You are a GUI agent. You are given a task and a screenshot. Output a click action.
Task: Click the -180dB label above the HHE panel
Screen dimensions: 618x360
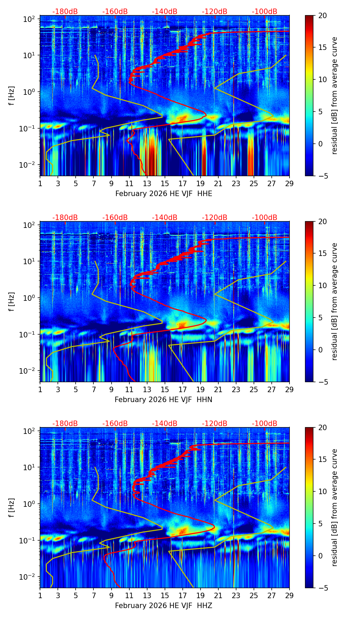65,12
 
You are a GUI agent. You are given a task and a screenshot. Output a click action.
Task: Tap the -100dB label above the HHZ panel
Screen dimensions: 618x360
265,424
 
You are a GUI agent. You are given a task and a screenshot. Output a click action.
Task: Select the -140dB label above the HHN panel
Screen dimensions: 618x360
165,218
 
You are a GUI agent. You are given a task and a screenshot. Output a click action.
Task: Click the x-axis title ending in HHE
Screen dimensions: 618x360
164,194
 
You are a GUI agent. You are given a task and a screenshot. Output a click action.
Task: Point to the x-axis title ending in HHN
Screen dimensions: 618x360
163,400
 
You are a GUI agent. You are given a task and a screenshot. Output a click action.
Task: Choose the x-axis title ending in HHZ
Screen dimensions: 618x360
163,606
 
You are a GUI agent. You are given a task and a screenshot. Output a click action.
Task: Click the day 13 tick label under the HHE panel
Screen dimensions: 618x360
147,183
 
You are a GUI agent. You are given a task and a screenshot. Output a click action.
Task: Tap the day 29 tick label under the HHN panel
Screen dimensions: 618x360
289,389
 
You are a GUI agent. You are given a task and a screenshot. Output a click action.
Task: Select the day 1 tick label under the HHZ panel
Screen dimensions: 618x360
40,595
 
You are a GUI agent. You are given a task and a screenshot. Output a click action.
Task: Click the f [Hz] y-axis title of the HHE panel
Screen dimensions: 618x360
12,96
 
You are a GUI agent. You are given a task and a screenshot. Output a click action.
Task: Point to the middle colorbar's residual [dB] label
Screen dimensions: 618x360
334,301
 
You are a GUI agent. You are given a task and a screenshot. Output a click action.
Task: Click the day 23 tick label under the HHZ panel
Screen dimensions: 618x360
236,595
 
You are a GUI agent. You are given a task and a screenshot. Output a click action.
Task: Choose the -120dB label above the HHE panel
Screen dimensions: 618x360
215,12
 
